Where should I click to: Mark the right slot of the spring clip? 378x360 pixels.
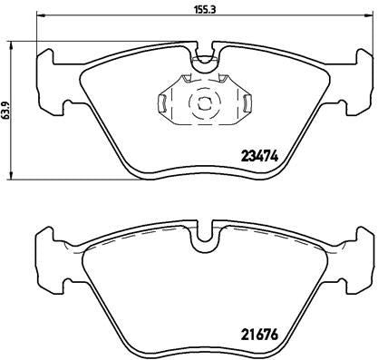(244, 103)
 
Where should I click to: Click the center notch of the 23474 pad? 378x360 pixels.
(205, 61)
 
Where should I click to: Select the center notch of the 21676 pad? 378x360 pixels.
(205, 238)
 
